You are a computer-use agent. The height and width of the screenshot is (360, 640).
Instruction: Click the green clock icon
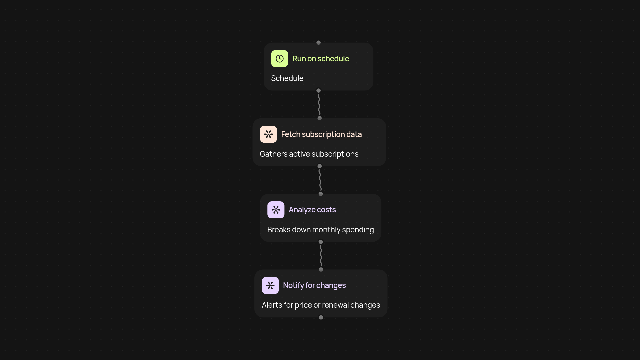279,59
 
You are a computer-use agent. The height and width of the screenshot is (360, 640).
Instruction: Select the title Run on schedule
320,59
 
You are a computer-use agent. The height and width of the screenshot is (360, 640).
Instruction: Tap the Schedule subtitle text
287,78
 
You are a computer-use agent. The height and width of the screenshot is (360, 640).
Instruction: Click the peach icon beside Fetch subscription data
268,134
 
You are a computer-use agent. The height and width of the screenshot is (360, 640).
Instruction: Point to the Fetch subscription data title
321,134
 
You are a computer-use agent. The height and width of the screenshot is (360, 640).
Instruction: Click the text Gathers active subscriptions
309,154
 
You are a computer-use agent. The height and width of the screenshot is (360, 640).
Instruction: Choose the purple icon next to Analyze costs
276,210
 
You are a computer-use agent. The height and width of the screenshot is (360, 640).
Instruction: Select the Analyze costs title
312,210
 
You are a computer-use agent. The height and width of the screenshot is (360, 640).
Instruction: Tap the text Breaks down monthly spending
320,230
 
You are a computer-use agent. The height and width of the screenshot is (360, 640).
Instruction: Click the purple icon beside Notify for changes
270,285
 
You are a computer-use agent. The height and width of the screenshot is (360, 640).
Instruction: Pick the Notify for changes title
314,285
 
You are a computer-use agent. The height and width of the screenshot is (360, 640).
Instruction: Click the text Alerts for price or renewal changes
321,305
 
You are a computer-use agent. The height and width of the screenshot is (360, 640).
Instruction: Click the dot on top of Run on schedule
318,43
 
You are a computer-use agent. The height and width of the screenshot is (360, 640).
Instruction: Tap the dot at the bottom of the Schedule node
318,91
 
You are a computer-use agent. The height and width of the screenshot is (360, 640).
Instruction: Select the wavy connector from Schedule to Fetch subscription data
319,105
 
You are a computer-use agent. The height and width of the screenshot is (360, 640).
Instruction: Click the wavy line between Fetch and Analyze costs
320,180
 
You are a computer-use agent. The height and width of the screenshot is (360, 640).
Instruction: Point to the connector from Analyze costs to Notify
321,256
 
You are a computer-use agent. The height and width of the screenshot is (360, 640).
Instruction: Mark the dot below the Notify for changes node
321,317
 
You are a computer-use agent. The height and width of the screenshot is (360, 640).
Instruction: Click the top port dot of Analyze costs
320,194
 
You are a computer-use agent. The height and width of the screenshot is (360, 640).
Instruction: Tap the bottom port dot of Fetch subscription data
319,166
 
